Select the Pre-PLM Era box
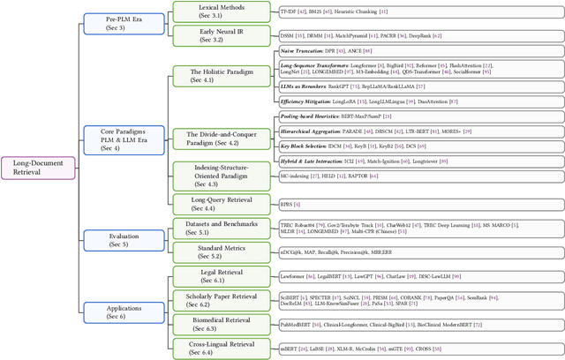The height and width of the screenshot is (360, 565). (x=116, y=21)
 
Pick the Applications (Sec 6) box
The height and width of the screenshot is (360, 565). (x=116, y=310)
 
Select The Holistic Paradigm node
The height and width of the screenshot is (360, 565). (x=208, y=76)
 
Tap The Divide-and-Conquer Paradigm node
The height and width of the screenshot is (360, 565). (x=208, y=138)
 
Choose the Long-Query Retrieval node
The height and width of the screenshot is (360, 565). (x=209, y=203)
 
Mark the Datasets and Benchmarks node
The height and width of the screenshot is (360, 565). (x=209, y=229)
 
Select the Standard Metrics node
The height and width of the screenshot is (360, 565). (x=209, y=251)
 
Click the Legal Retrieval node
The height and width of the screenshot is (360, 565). (x=209, y=276)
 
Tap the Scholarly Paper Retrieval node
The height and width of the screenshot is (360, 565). (x=209, y=300)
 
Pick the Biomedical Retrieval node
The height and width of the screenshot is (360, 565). (x=209, y=324)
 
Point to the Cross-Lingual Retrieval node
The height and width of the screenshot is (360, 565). (x=209, y=348)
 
